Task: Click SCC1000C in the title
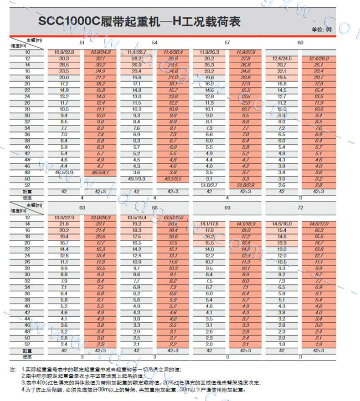67,21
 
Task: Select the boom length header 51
82,42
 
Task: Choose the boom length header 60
300,42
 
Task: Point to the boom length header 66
154,208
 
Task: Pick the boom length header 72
300,208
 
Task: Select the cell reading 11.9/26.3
209,52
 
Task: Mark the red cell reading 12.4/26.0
318,59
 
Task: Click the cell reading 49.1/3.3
136,179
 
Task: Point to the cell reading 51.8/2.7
209,185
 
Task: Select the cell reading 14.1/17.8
209,224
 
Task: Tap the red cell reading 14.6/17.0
318,224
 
